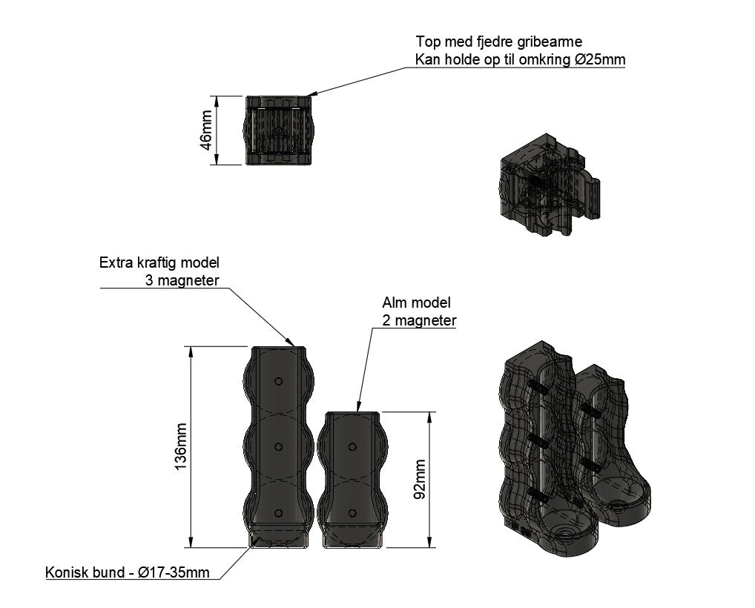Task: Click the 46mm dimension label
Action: (x=205, y=130)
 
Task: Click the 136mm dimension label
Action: (x=180, y=447)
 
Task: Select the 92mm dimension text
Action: (x=420, y=479)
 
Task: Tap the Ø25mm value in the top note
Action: (x=600, y=60)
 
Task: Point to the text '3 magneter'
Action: (x=182, y=280)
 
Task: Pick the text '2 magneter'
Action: (x=419, y=320)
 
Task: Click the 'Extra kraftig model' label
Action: (x=159, y=262)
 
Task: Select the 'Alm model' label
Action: (x=417, y=303)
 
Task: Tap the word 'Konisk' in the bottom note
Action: (x=67, y=572)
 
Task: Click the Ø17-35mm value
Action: (x=174, y=572)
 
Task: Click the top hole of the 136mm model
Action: (x=278, y=381)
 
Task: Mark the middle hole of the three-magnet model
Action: (x=278, y=447)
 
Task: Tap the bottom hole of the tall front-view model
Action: (x=278, y=513)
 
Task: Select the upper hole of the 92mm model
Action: (x=352, y=447)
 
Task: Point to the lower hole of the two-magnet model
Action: (x=352, y=513)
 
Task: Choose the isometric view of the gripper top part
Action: (x=550, y=185)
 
